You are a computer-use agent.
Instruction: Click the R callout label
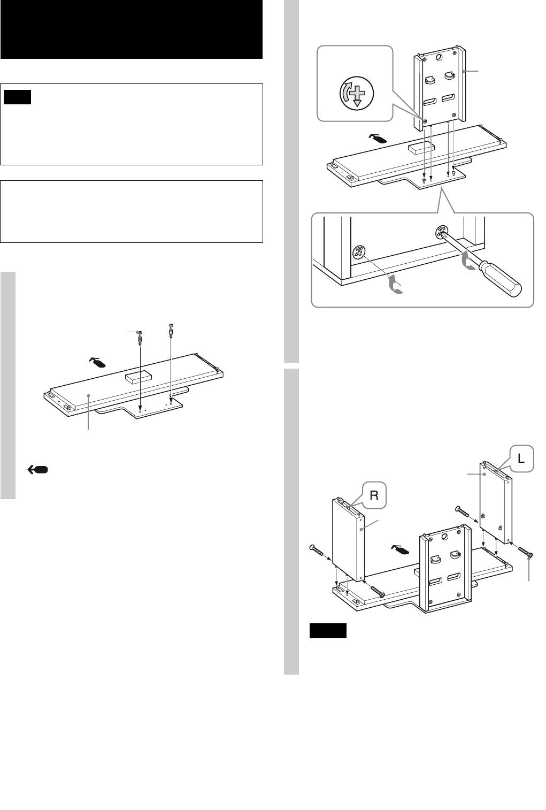click(373, 495)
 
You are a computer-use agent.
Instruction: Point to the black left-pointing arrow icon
click(37, 469)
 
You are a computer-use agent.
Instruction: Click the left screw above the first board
click(140, 337)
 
